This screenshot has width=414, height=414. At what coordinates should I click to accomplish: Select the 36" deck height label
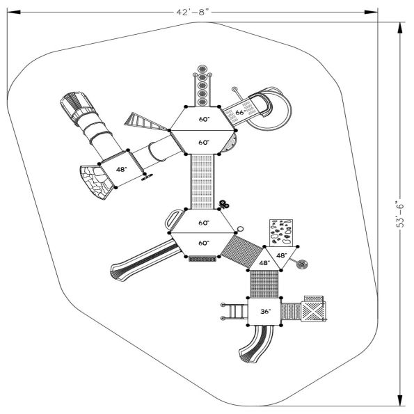(264, 312)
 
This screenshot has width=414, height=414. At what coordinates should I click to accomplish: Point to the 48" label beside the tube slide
(122, 169)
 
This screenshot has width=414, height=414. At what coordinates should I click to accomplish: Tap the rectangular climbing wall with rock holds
(282, 232)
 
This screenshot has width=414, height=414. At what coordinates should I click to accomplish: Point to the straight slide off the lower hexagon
(139, 258)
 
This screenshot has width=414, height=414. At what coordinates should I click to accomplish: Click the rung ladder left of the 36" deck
(234, 312)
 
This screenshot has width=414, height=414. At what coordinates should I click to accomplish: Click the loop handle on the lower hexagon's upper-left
(173, 218)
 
